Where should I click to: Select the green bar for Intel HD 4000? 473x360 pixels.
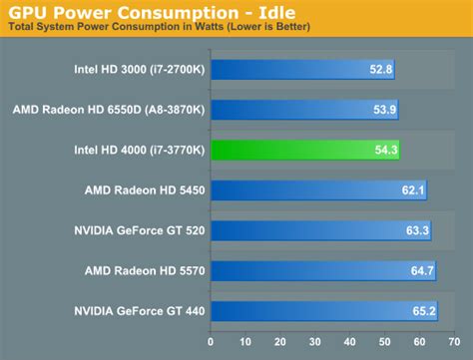coord(304,150)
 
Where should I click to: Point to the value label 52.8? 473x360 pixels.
coord(380,70)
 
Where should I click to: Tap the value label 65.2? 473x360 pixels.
coord(425,310)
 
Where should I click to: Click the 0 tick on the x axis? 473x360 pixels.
coord(211,342)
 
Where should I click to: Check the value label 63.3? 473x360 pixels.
coord(418,230)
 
